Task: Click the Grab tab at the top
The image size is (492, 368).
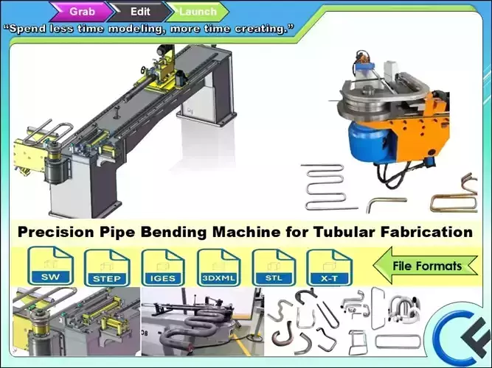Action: [x=82, y=11]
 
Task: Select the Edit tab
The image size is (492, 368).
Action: [x=140, y=11]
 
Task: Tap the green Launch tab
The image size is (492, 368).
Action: [x=198, y=11]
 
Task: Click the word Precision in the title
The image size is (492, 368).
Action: [x=52, y=232]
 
